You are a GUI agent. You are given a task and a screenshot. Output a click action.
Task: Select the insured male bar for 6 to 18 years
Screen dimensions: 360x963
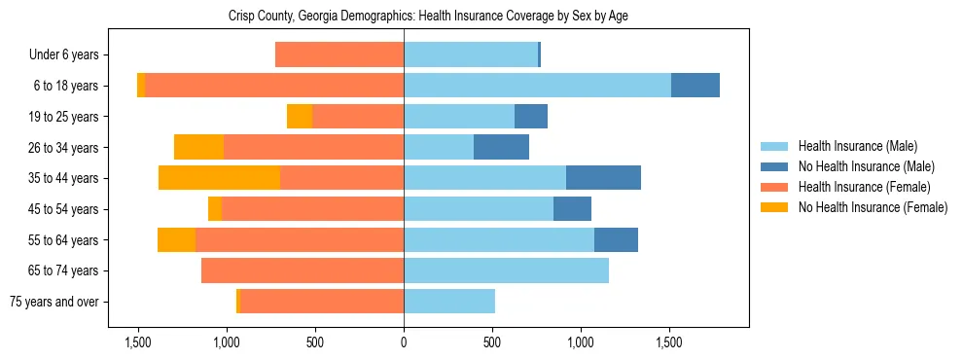point(537,86)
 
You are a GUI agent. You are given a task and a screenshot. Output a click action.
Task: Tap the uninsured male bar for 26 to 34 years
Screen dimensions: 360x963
point(501,147)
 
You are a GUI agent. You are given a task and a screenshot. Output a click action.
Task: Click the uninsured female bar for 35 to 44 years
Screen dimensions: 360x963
point(219,178)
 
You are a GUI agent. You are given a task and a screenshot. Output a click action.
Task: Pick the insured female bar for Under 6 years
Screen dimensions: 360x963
point(339,54)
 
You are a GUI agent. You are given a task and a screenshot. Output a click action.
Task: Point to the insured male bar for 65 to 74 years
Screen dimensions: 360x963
point(506,270)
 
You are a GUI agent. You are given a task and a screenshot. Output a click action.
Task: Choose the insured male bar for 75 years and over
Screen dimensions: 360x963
point(449,302)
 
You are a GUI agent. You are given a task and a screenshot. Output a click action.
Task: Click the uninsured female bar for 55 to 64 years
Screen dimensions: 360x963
point(176,239)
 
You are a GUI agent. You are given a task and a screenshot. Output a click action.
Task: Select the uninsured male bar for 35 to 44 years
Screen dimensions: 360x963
point(603,178)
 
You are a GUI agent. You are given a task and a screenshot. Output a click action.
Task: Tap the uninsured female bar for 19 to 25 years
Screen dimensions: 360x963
point(300,117)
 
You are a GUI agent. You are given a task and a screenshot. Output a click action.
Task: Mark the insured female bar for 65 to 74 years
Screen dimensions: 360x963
point(303,270)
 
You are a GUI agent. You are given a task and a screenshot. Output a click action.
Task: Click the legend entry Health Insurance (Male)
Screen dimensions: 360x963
point(857,146)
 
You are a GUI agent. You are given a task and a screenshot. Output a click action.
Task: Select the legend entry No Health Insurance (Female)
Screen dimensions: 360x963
point(873,207)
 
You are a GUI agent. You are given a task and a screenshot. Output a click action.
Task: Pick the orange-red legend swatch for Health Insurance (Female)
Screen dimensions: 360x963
point(774,187)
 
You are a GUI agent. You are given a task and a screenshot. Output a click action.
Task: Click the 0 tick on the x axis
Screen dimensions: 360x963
point(404,342)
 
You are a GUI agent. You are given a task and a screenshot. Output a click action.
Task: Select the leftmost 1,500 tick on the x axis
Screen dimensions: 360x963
point(138,342)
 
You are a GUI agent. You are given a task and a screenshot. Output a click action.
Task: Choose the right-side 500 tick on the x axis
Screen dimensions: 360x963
point(492,342)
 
